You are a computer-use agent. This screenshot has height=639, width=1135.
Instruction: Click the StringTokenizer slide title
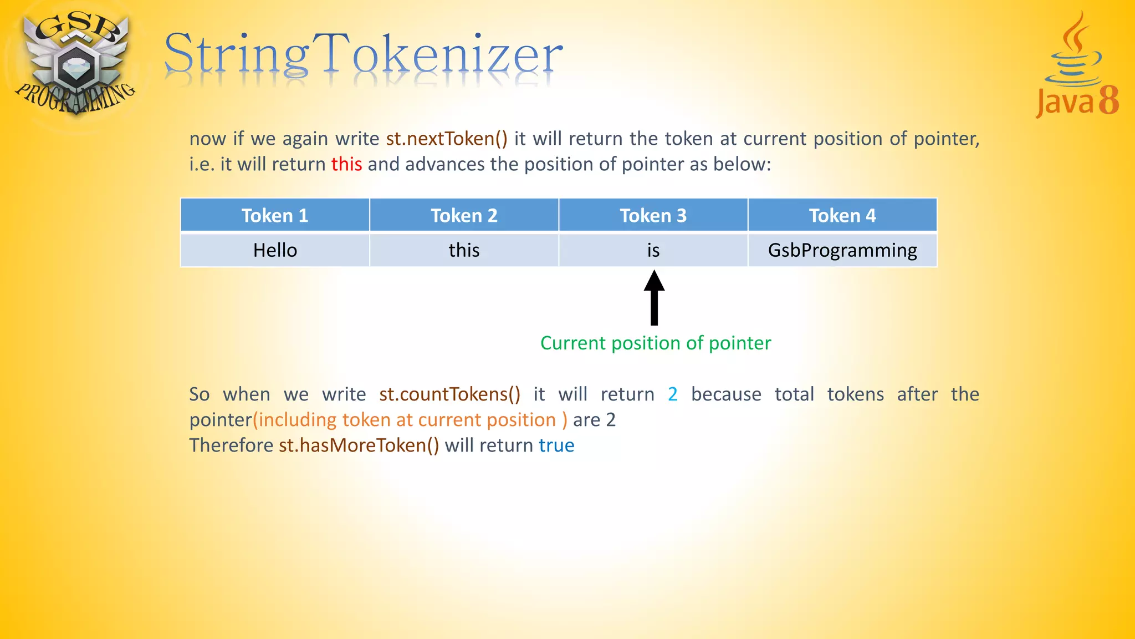pos(363,55)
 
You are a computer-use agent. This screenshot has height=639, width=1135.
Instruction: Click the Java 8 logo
pos(1076,67)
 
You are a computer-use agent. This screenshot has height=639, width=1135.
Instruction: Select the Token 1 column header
pos(275,215)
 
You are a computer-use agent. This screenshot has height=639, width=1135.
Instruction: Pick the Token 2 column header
pos(464,215)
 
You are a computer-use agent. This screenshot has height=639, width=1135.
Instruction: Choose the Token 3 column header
pos(653,215)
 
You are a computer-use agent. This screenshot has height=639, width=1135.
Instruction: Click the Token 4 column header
pos(842,215)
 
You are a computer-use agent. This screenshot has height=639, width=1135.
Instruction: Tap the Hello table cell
pos(275,250)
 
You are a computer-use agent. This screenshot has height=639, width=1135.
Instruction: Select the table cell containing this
pos(464,250)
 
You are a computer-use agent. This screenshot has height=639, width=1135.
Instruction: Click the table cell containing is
pos(653,250)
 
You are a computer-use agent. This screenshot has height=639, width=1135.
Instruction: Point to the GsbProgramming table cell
pos(842,250)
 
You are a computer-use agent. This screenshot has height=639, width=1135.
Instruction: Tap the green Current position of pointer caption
pos(656,343)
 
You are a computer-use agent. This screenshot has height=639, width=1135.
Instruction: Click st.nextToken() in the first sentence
pos(447,138)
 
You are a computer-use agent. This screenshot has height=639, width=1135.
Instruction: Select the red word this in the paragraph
pos(346,164)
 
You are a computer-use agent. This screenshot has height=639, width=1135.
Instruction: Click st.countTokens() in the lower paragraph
pos(449,394)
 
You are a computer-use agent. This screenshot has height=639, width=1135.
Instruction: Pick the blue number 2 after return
pos(672,394)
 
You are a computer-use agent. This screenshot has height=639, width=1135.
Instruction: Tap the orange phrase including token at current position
pos(410,420)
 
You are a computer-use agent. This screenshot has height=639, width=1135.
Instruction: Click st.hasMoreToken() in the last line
pos(359,445)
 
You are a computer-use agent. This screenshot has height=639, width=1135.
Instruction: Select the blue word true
pos(556,445)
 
